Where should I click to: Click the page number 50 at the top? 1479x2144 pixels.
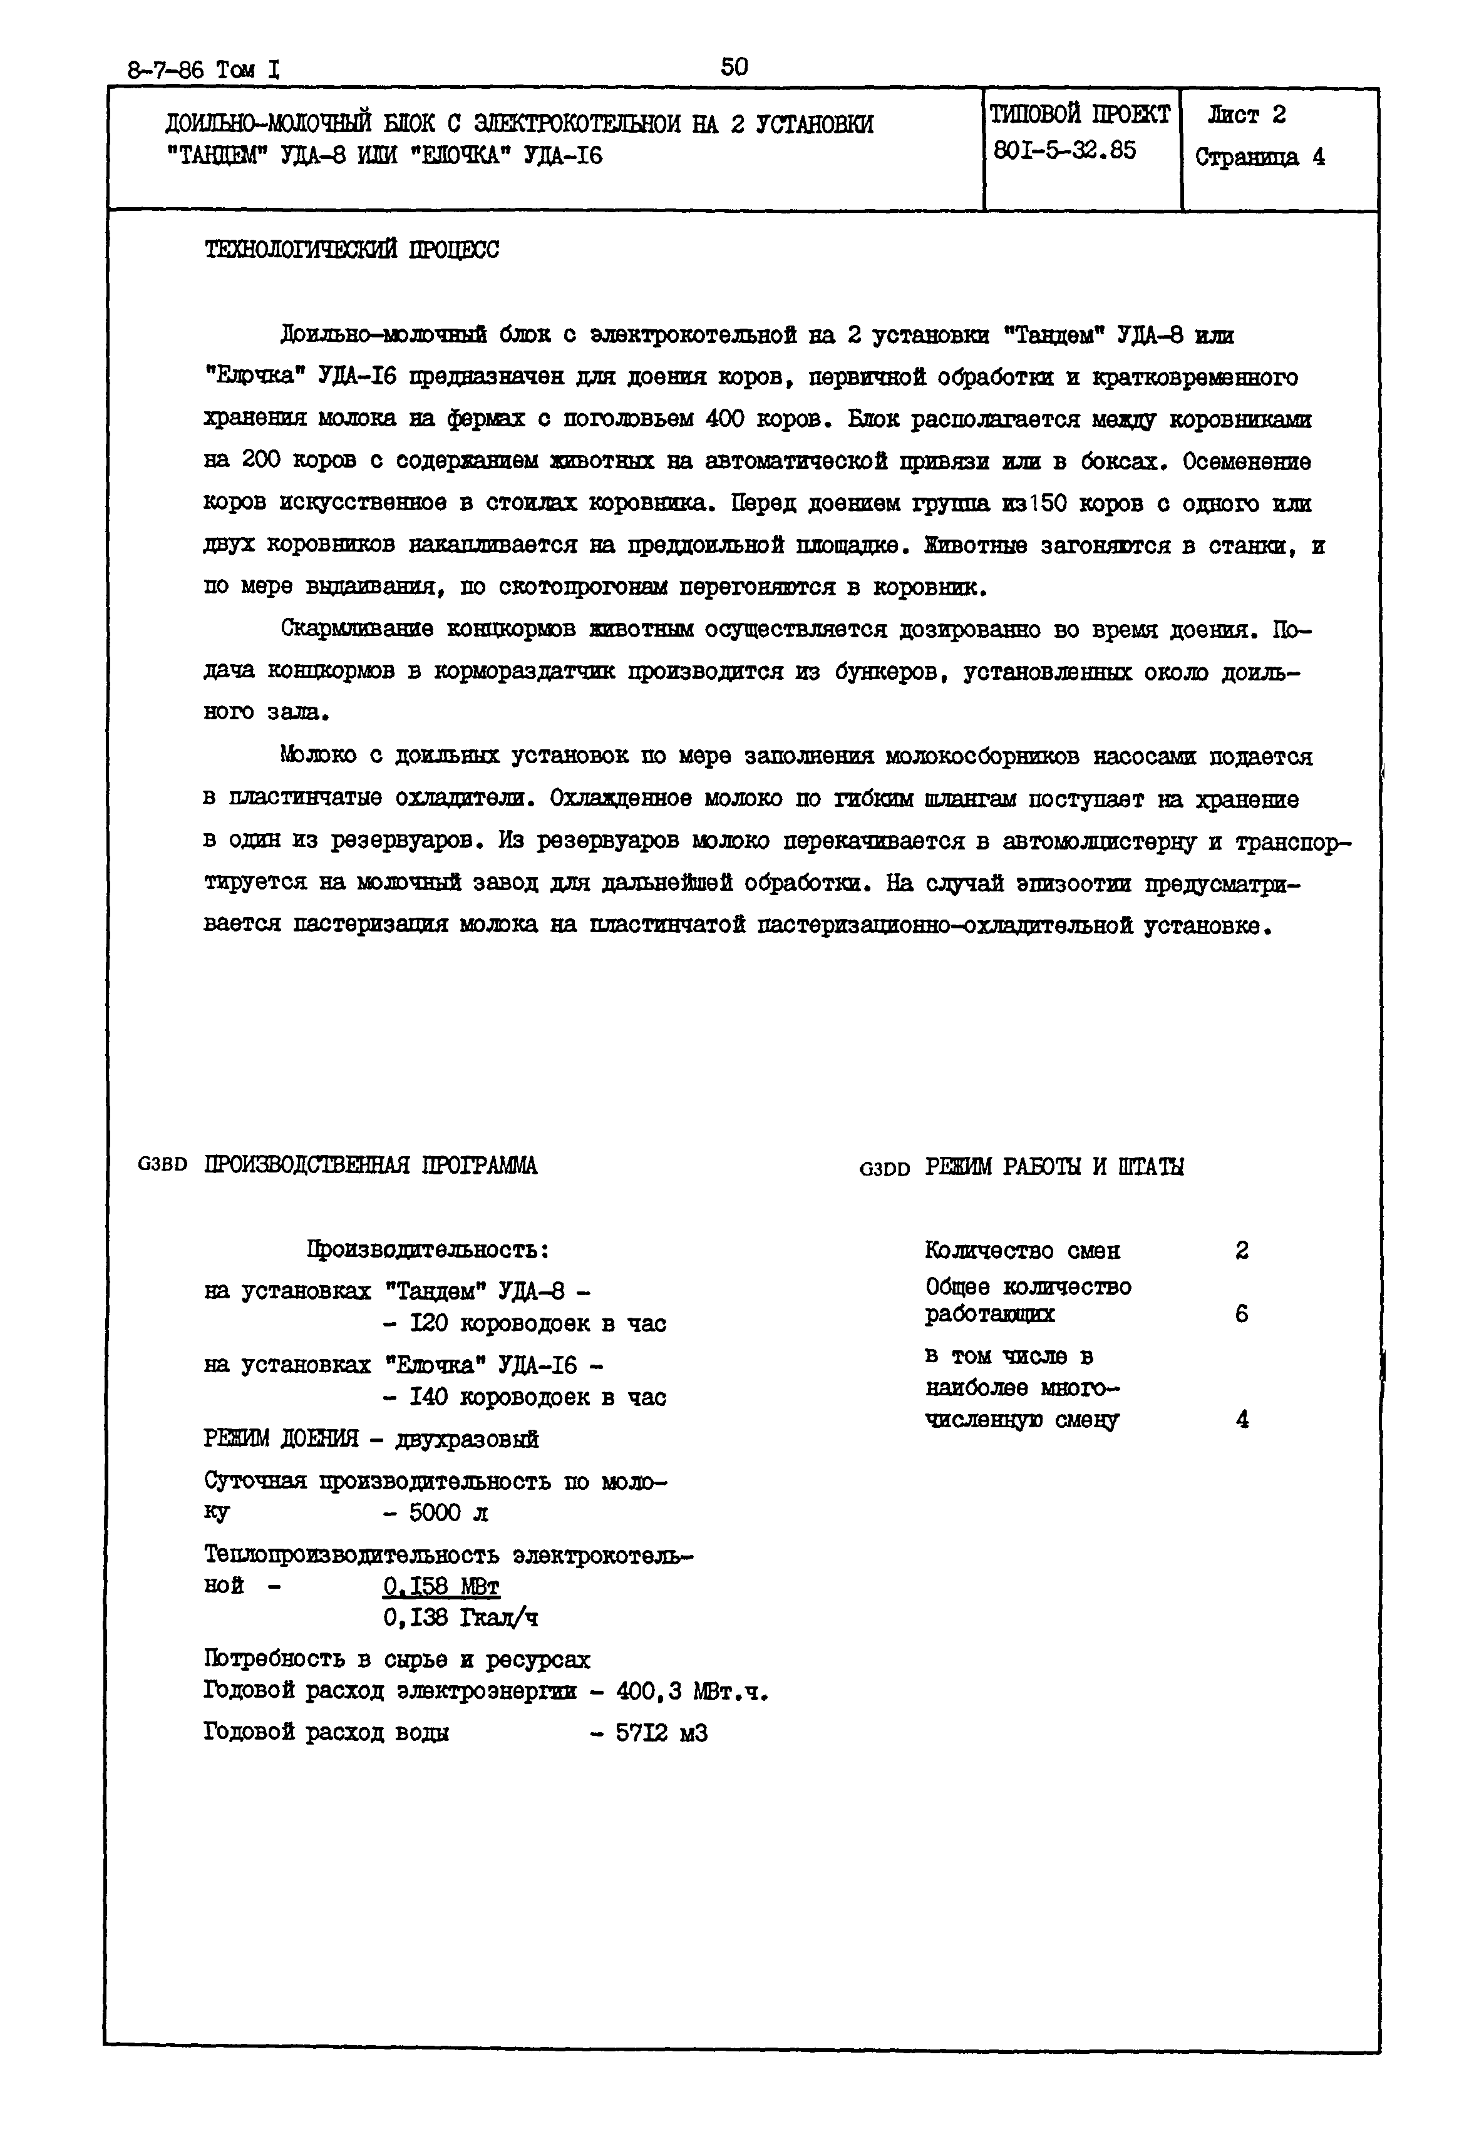[734, 67]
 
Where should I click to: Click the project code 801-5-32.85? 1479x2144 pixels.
[1064, 150]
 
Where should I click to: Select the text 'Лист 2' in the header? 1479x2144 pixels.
[1247, 116]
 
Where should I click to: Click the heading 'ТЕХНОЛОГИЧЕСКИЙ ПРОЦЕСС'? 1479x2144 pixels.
[351, 250]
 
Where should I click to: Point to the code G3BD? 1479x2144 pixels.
[162, 1165]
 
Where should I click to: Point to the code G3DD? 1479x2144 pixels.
[885, 1168]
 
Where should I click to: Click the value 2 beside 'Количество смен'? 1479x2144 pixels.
[1242, 1251]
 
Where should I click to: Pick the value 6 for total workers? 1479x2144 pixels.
[1242, 1314]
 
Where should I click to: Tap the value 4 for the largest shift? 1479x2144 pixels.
[1242, 1420]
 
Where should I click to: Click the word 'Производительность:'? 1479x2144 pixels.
[429, 1250]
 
